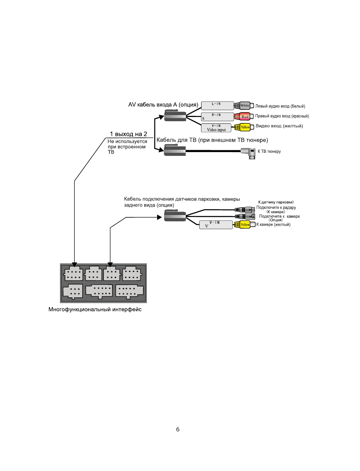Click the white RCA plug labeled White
[244, 106]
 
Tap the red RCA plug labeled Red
[244, 117]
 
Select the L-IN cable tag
[217, 106]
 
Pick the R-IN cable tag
[217, 117]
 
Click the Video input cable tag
[216, 128]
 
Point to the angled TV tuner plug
[248, 152]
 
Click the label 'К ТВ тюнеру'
[269, 152]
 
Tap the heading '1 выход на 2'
[128, 134]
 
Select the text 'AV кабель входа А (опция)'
[163, 105]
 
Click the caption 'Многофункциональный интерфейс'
[95, 309]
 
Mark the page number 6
[178, 429]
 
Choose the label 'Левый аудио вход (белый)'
[280, 106]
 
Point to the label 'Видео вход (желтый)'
[279, 126]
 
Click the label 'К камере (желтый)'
[274, 225]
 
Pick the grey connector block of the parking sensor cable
[175, 216]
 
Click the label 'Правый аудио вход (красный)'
[282, 116]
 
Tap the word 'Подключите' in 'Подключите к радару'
[268, 208]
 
